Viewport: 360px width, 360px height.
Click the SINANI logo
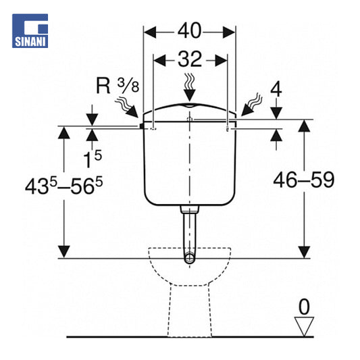tap(30, 31)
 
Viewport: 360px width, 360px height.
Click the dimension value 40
tap(190, 31)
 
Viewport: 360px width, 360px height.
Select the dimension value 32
tap(190, 59)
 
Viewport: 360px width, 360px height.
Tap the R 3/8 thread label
tap(118, 86)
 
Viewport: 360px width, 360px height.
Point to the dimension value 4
tap(276, 90)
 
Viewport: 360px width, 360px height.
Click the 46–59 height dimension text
tap(303, 180)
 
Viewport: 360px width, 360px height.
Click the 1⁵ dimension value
tap(93, 159)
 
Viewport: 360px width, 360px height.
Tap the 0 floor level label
tap(304, 307)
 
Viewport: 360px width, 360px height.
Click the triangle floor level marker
tap(304, 326)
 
